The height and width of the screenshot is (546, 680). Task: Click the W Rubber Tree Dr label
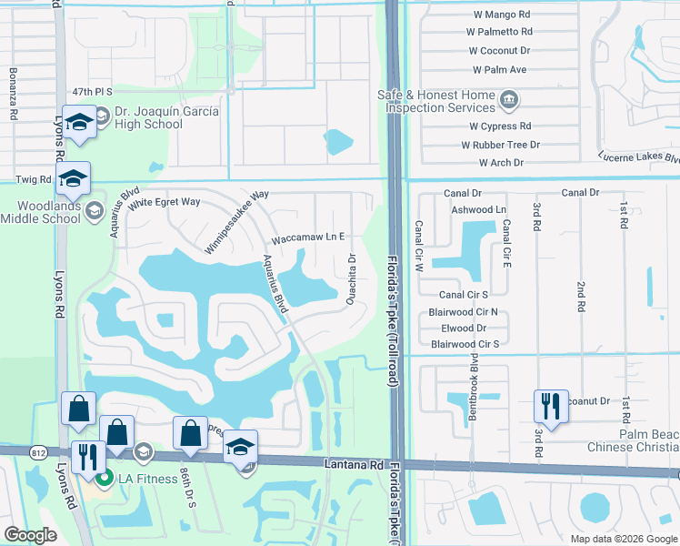coord(501,145)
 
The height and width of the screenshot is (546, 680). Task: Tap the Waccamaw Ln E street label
coord(308,238)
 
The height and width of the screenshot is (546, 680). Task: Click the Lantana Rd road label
coord(352,464)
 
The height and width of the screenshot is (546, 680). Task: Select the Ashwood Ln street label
coord(478,210)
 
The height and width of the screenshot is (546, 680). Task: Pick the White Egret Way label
coord(164,202)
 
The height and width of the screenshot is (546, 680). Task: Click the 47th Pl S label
coord(93,92)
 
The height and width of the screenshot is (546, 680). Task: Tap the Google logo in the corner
coord(30,535)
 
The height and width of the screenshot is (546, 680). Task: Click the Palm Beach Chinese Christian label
coord(635,440)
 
